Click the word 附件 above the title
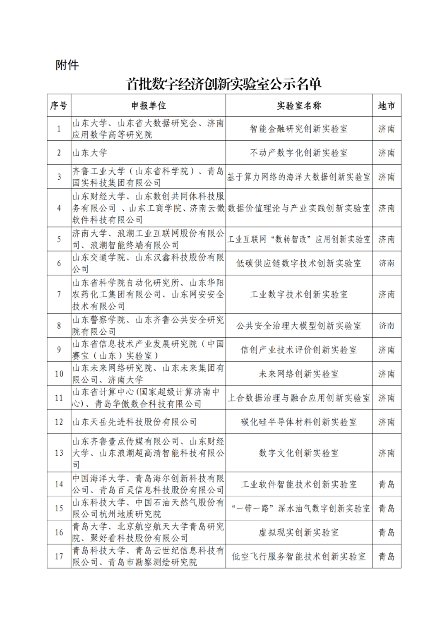coord(67,65)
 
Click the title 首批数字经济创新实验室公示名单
coord(224,84)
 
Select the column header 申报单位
coord(149,106)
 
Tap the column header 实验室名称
coord(299,106)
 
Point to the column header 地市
coord(387,106)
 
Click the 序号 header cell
coord(59,106)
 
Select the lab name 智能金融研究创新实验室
coord(299,129)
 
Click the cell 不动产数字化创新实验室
coord(299,153)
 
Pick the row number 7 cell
coord(59,294)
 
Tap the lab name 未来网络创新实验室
coord(299,374)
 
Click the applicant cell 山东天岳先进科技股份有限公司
coord(135,422)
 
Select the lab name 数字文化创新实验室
coord(299,453)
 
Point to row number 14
coord(59,484)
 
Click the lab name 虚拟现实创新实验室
coord(299,532)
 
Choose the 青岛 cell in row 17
coord(387,556)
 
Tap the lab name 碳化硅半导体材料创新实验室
coord(299,422)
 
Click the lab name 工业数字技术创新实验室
coord(299,294)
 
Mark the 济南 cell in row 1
coord(387,129)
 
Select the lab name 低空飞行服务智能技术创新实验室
coord(299,556)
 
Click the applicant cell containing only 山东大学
coord(90,153)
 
